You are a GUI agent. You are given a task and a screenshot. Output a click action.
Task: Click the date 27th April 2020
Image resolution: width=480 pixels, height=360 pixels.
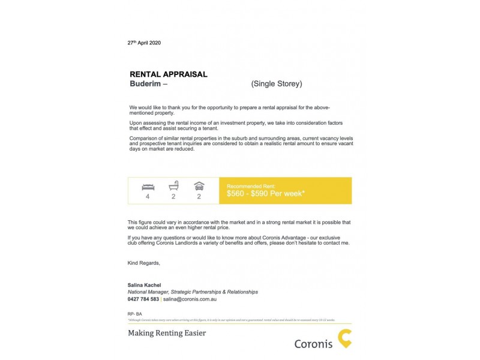click(144, 43)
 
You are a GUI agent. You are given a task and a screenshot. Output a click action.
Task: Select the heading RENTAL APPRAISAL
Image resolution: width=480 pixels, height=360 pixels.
click(169, 74)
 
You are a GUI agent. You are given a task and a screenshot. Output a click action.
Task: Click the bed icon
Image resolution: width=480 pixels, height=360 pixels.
click(148, 186)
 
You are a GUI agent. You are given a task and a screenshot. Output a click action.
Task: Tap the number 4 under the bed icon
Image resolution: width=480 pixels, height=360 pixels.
click(147, 196)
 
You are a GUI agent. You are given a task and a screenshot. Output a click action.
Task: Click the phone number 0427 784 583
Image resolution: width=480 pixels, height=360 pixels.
click(143, 299)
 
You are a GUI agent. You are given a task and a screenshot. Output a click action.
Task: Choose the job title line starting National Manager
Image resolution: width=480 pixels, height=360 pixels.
click(193, 292)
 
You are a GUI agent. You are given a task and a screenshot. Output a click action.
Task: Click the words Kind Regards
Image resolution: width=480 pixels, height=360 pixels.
click(144, 263)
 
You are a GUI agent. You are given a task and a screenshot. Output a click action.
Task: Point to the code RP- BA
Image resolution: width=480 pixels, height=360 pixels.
click(134, 314)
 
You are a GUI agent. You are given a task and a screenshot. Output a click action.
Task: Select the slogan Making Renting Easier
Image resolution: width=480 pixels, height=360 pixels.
click(167, 332)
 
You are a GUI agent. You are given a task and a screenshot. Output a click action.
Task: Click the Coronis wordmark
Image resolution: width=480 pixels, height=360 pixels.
click(313, 344)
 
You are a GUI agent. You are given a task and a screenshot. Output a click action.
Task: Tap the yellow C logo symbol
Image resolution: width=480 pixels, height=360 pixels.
click(344, 338)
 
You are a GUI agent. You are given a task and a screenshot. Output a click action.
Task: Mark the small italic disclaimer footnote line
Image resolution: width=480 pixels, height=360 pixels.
click(231, 320)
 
